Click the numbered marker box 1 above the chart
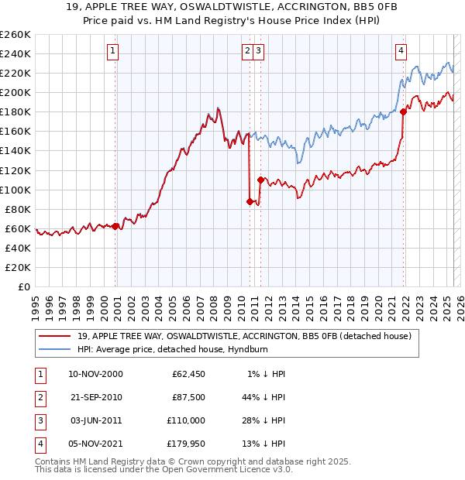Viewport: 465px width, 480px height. click(x=113, y=52)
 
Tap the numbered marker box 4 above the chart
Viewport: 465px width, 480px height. click(x=401, y=52)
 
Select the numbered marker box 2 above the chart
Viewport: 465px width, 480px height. click(x=247, y=52)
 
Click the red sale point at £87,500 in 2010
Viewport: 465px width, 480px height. click(x=250, y=201)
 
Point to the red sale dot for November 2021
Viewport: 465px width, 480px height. click(x=404, y=111)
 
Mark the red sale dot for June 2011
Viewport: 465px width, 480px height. click(x=260, y=180)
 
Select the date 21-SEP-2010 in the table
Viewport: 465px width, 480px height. click(x=95, y=397)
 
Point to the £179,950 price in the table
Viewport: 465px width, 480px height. click(x=186, y=444)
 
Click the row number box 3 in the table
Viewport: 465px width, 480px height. click(x=40, y=420)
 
